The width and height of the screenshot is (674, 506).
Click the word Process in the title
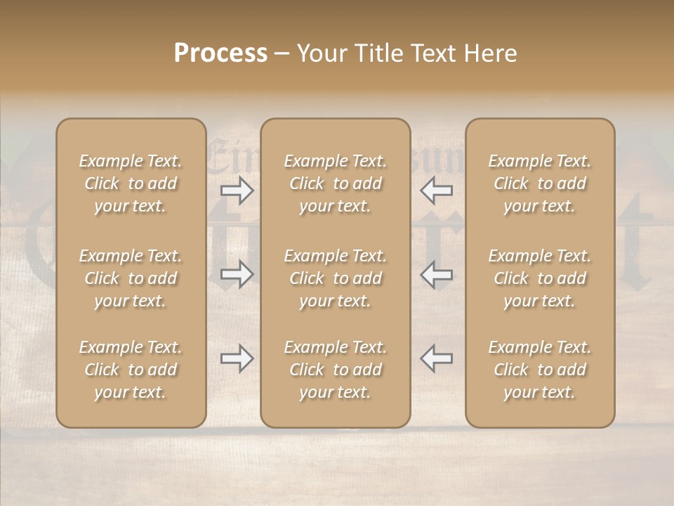pyautogui.click(x=220, y=53)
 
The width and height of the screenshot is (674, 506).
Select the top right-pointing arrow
pyautogui.click(x=237, y=190)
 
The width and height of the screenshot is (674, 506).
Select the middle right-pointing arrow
pyautogui.click(x=237, y=274)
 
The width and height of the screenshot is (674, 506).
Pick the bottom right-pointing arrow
pyautogui.click(x=237, y=358)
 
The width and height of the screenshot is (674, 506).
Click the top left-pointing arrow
pyautogui.click(x=437, y=190)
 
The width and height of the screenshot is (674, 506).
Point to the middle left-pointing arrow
pyautogui.click(x=437, y=274)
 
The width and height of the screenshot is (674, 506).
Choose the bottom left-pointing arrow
pyautogui.click(x=437, y=358)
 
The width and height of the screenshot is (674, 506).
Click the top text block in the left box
pyautogui.click(x=131, y=183)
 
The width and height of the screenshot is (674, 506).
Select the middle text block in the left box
pyautogui.click(x=131, y=278)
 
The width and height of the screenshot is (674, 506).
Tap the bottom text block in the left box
pyautogui.click(x=131, y=370)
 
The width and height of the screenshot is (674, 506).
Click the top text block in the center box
pyautogui.click(x=335, y=183)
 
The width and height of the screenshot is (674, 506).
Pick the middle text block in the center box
pyautogui.click(x=335, y=278)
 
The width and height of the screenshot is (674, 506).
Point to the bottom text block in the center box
pyautogui.click(x=335, y=370)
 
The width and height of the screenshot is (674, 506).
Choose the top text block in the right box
pyautogui.click(x=540, y=183)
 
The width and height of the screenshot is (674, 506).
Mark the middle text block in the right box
pyautogui.click(x=540, y=278)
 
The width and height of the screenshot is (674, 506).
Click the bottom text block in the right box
pyautogui.click(x=540, y=370)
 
